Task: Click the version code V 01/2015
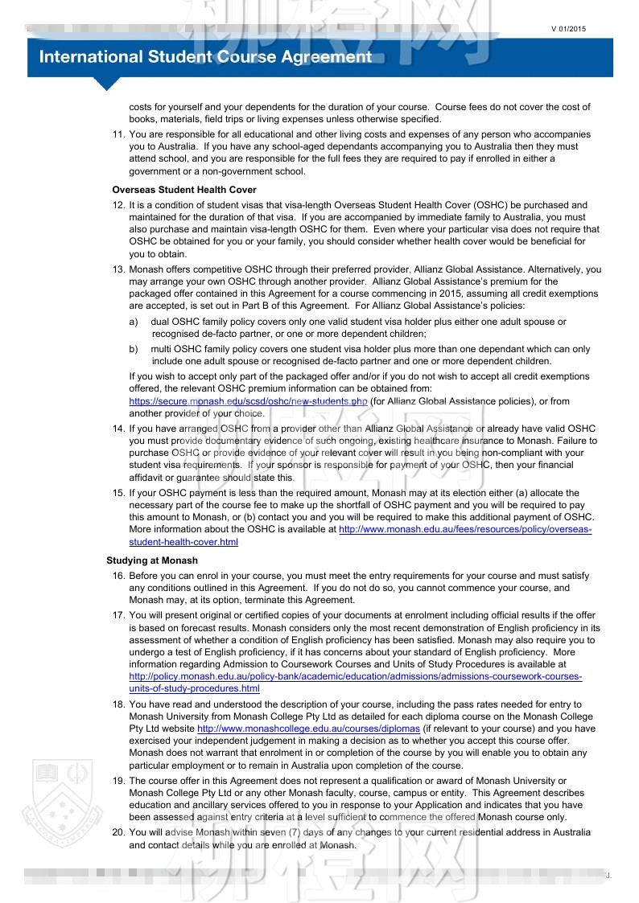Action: [x=569, y=29]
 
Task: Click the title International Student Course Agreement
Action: [x=205, y=57]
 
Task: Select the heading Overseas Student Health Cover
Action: [x=184, y=191]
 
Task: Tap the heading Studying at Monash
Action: [x=151, y=560]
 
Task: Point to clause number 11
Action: [x=118, y=135]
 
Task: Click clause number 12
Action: [x=118, y=206]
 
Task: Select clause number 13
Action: [x=118, y=270]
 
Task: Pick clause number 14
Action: [x=118, y=429]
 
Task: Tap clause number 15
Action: [x=118, y=493]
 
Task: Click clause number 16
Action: [x=118, y=577]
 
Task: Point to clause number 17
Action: [x=118, y=616]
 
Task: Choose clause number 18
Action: [x=118, y=705]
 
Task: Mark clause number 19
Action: [x=118, y=781]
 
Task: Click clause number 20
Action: [x=118, y=832]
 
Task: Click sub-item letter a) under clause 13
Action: [x=134, y=322]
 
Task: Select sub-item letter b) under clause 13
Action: [x=134, y=350]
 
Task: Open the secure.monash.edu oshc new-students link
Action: [x=248, y=401]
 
